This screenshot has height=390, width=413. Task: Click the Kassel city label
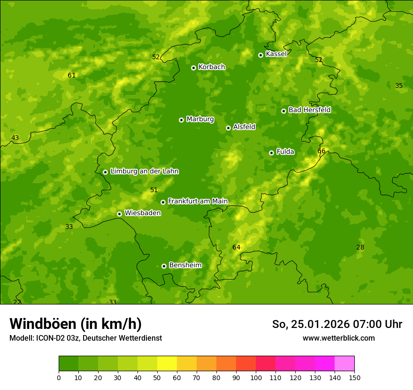276,54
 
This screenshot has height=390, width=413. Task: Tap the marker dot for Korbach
193,68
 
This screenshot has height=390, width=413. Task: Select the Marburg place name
200,119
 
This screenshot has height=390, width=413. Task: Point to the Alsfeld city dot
228,128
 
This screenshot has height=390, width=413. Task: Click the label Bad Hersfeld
309,110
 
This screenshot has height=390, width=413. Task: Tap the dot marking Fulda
271,153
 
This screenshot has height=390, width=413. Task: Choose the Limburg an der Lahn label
144,172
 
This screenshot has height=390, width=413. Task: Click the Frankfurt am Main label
198,201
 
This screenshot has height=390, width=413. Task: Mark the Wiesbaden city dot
119,214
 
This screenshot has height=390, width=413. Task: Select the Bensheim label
185,265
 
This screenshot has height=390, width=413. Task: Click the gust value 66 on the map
321,151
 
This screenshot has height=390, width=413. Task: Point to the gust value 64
236,247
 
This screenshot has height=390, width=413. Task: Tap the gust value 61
71,75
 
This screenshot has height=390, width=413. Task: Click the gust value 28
360,247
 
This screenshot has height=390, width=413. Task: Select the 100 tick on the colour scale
256,377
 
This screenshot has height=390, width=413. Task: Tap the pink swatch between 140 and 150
344,364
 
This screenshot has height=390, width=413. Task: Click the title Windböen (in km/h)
76,324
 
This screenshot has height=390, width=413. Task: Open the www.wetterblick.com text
338,338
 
